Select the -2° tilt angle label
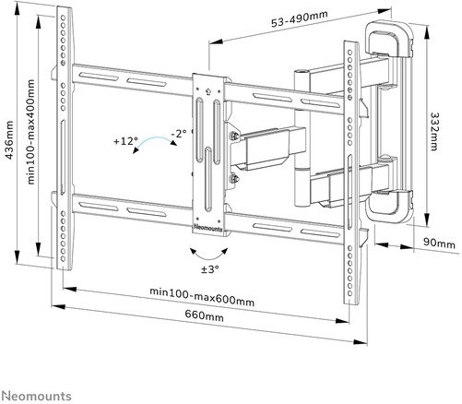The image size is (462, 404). [x=179, y=134]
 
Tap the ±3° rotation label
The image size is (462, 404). [x=211, y=268]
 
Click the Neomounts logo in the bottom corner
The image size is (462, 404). [x=35, y=394]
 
